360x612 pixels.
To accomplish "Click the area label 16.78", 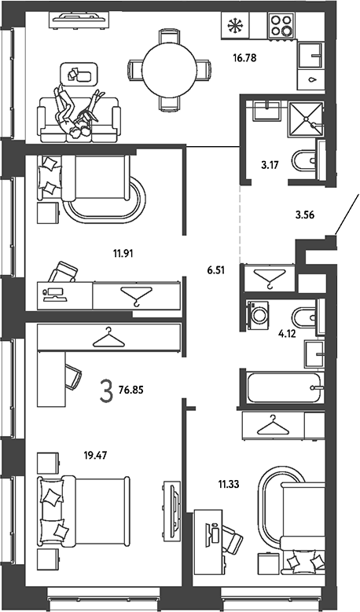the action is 244,59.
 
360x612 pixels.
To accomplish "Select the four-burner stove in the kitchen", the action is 281,25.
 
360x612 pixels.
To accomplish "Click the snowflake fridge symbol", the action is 235,25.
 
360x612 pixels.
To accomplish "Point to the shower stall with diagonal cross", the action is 306,119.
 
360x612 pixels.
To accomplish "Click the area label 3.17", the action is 270,165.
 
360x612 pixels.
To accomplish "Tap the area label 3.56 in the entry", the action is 304,214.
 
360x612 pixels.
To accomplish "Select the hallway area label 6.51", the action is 216,269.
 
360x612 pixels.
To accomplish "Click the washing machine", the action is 257,315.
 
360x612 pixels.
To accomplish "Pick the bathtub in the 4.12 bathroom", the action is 284,387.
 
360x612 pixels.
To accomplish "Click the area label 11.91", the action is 123,254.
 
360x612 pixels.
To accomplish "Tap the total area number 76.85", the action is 128,390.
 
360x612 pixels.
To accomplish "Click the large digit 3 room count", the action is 106,392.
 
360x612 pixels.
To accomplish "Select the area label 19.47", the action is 95,455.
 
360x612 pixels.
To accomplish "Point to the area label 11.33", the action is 229,485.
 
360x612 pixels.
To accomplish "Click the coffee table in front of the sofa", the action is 79,73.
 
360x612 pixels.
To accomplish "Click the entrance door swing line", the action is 347,214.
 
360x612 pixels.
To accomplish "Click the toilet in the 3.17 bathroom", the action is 304,161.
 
